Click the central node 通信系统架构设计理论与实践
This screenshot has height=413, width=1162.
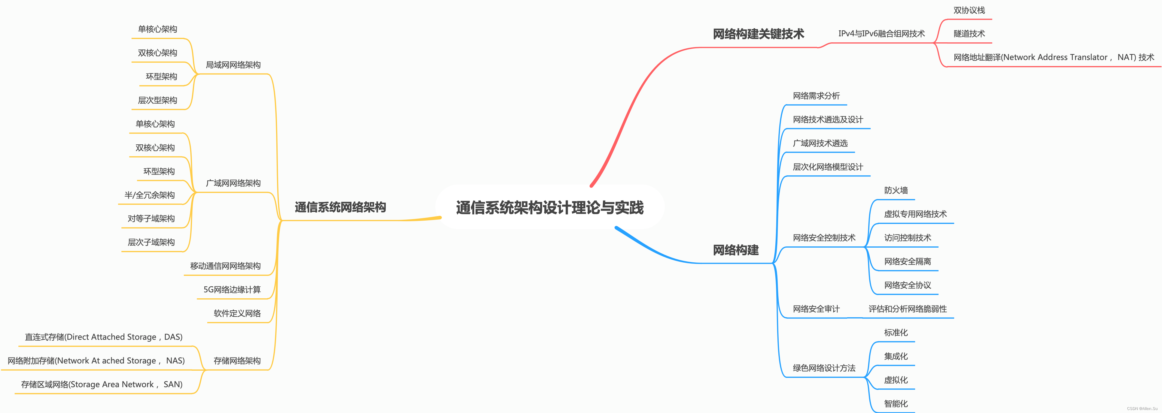549,208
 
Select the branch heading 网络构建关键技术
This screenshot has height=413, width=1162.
758,34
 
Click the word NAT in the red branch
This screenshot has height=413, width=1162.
1126,57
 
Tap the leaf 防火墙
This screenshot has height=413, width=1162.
896,191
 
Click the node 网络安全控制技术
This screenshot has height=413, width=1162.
824,238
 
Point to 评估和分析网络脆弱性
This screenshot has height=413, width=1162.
908,309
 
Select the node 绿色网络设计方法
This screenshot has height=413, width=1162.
824,368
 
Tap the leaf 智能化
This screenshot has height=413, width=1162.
896,403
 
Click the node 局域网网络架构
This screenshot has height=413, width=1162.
233,65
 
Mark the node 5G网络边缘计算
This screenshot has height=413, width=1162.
232,289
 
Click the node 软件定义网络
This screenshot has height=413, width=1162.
237,313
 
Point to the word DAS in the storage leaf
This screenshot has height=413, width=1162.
172,337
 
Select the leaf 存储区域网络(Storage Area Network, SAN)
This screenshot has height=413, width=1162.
102,384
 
